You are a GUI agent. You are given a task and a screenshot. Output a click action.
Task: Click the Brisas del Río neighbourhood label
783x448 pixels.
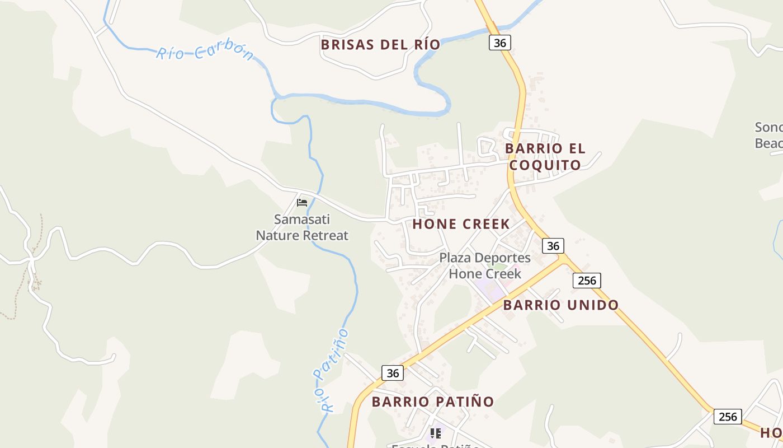[x=380, y=45]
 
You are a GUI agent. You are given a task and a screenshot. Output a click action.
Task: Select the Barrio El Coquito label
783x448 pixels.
[x=545, y=157]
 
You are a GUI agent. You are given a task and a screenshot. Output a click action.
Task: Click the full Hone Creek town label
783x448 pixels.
[x=461, y=225]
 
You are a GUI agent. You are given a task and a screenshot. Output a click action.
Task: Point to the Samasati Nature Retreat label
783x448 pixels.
[x=302, y=227]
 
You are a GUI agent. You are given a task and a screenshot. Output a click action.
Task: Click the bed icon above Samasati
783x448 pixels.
[x=302, y=202]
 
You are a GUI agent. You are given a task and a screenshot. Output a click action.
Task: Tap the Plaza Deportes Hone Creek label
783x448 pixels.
[x=485, y=265]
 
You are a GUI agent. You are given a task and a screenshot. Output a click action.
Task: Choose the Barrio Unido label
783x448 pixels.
[x=561, y=305]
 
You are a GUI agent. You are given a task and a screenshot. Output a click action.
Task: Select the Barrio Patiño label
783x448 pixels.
[x=433, y=402]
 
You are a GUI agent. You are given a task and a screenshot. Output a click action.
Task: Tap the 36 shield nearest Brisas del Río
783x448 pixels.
[x=500, y=43]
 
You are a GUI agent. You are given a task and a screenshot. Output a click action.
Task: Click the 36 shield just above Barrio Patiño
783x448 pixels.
[x=393, y=373]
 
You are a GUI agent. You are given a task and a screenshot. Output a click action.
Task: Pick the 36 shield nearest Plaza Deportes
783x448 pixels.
[x=553, y=246]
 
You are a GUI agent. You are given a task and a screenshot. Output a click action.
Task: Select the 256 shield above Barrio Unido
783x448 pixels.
[x=587, y=280]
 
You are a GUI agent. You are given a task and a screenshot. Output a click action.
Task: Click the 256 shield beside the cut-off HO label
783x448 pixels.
[x=728, y=417]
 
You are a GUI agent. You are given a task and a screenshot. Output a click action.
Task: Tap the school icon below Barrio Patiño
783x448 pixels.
[x=435, y=433]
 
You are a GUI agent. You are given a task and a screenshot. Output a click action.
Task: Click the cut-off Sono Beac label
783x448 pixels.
[x=769, y=135]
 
